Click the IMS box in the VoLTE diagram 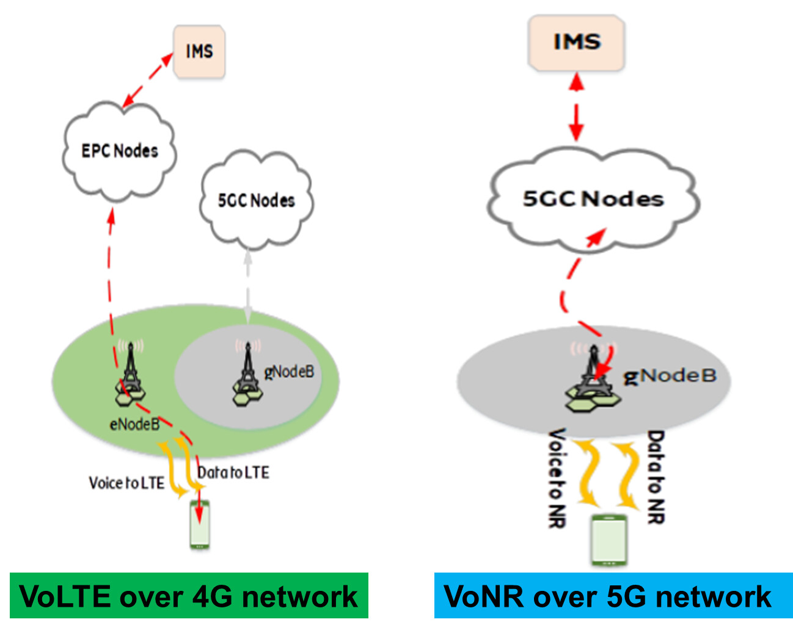point(199,51)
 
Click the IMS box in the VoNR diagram point(576,43)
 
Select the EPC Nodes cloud point(119,152)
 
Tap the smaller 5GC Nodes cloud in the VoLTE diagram point(257,200)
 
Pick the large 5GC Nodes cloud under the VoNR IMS point(593,199)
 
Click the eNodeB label point(134,425)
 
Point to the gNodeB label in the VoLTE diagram point(289,372)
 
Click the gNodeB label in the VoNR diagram point(670,376)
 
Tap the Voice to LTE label point(126,483)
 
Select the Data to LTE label point(233,472)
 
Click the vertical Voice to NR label point(557,479)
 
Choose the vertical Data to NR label point(656,477)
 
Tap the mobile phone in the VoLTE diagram point(200,524)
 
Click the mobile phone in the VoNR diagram point(608,540)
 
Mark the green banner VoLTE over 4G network point(189,595)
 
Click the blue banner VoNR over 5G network point(613,595)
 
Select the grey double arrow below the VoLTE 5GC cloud point(248,288)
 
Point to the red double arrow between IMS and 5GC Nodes point(576,107)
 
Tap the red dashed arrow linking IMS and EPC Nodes point(147,81)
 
